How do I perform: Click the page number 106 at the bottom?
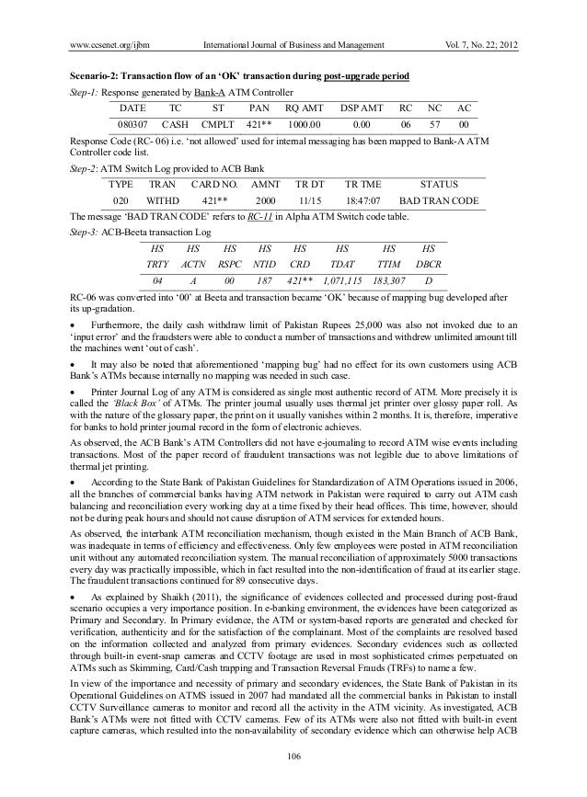pos(293,756)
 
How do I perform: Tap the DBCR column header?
pos(428,265)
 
